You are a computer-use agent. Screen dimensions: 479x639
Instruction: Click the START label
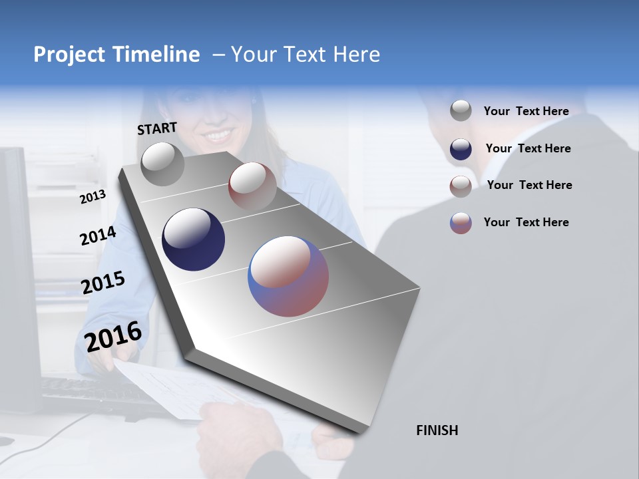[157, 128]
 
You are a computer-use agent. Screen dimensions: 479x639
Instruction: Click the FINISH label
[437, 430]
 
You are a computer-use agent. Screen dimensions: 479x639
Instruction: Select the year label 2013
[93, 197]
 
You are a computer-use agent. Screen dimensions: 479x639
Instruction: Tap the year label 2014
[98, 236]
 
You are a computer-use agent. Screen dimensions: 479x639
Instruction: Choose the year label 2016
[113, 337]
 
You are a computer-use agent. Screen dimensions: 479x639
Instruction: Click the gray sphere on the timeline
[162, 164]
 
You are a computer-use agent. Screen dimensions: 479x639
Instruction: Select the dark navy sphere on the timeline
[193, 239]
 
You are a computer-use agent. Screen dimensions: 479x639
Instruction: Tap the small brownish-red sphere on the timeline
[252, 186]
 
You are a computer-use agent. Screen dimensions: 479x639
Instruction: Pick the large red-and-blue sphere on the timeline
[288, 276]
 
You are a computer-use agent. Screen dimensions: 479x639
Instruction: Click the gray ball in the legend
[461, 110]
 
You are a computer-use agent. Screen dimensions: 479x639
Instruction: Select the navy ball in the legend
[461, 149]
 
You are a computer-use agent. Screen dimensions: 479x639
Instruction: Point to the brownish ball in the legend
[461, 186]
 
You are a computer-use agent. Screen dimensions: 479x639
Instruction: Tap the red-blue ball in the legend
[461, 223]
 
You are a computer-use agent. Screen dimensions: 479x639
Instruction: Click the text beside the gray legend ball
[526, 111]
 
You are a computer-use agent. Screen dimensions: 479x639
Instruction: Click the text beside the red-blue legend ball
[526, 222]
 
